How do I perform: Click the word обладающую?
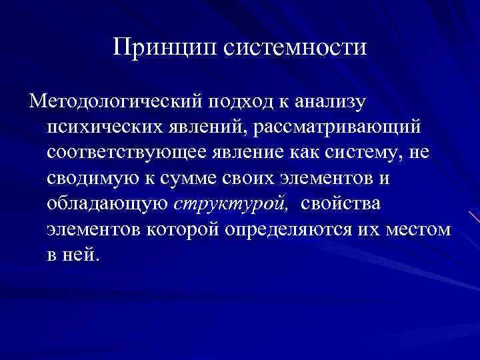[107, 203]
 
